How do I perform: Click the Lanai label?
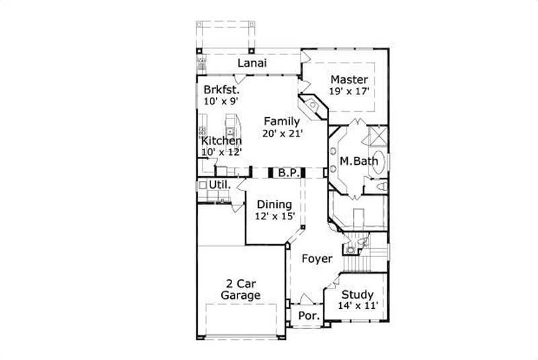coord(253,63)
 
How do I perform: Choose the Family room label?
coord(281,121)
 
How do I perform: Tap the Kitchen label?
coord(221,141)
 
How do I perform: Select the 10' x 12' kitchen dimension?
coord(221,152)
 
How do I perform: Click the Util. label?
coord(220,184)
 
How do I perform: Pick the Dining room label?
coord(273,205)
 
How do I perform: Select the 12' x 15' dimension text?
coord(273,217)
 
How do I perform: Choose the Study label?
coord(357,295)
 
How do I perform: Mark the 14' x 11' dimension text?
coord(357,306)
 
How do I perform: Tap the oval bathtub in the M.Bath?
coord(379,161)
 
